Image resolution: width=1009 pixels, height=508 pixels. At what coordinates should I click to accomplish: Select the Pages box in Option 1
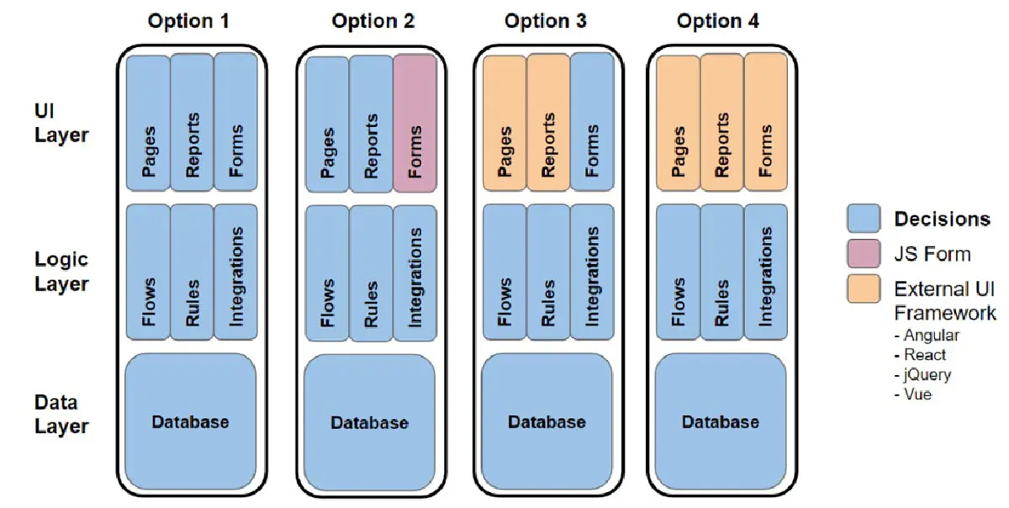point(148,123)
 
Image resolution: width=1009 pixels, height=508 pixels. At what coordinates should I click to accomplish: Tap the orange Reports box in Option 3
point(548,123)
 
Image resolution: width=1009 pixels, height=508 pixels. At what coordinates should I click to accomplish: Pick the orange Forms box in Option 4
point(765,123)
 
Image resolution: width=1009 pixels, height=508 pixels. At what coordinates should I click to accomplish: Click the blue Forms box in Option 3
point(592,123)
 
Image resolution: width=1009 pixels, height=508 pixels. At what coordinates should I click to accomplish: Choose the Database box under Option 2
point(369,422)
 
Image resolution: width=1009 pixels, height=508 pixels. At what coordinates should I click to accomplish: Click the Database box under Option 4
point(720,422)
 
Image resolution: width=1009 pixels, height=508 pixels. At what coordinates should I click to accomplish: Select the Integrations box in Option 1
point(235,271)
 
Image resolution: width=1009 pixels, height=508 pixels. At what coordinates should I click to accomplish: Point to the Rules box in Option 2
point(371,273)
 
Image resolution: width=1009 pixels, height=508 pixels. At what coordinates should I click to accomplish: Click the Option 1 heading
point(188,21)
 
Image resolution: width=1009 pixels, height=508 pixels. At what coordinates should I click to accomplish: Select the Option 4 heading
point(718,21)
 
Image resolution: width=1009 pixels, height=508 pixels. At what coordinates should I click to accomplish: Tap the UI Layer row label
point(61,122)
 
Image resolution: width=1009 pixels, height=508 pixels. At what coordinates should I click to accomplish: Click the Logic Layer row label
point(61,272)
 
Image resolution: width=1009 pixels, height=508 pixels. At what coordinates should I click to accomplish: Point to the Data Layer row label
point(61,414)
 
